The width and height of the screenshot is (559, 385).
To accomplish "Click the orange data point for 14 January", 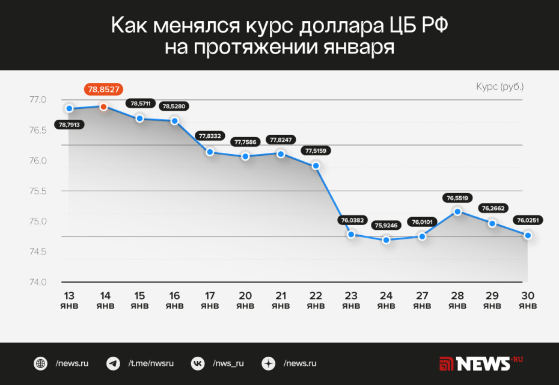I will pyautogui.click(x=103, y=106).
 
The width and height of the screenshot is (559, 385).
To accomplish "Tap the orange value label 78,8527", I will pyautogui.click(x=104, y=90).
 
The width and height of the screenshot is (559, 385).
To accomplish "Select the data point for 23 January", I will pyautogui.click(x=351, y=234).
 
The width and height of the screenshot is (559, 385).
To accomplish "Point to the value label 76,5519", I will pyautogui.click(x=457, y=197).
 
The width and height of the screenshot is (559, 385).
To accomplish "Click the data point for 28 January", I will pyautogui.click(x=457, y=211).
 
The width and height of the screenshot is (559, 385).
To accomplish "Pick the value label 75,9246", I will pyautogui.click(x=386, y=226).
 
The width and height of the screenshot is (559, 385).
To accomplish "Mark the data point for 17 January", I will pyautogui.click(x=210, y=152).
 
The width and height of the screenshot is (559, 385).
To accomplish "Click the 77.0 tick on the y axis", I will pyautogui.click(x=37, y=99).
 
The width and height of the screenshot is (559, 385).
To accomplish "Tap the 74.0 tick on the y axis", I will pyautogui.click(x=37, y=282).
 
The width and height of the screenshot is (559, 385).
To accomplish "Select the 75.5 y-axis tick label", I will pyautogui.click(x=37, y=191).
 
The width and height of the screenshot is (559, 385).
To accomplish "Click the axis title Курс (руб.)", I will pyautogui.click(x=499, y=87).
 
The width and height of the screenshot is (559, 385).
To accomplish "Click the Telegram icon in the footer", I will pyautogui.click(x=113, y=363).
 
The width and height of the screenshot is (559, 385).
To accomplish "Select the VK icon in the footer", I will pyautogui.click(x=197, y=363).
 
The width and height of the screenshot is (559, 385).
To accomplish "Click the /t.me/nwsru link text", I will pyautogui.click(x=151, y=363).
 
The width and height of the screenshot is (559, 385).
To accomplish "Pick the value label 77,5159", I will pyautogui.click(x=316, y=151).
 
